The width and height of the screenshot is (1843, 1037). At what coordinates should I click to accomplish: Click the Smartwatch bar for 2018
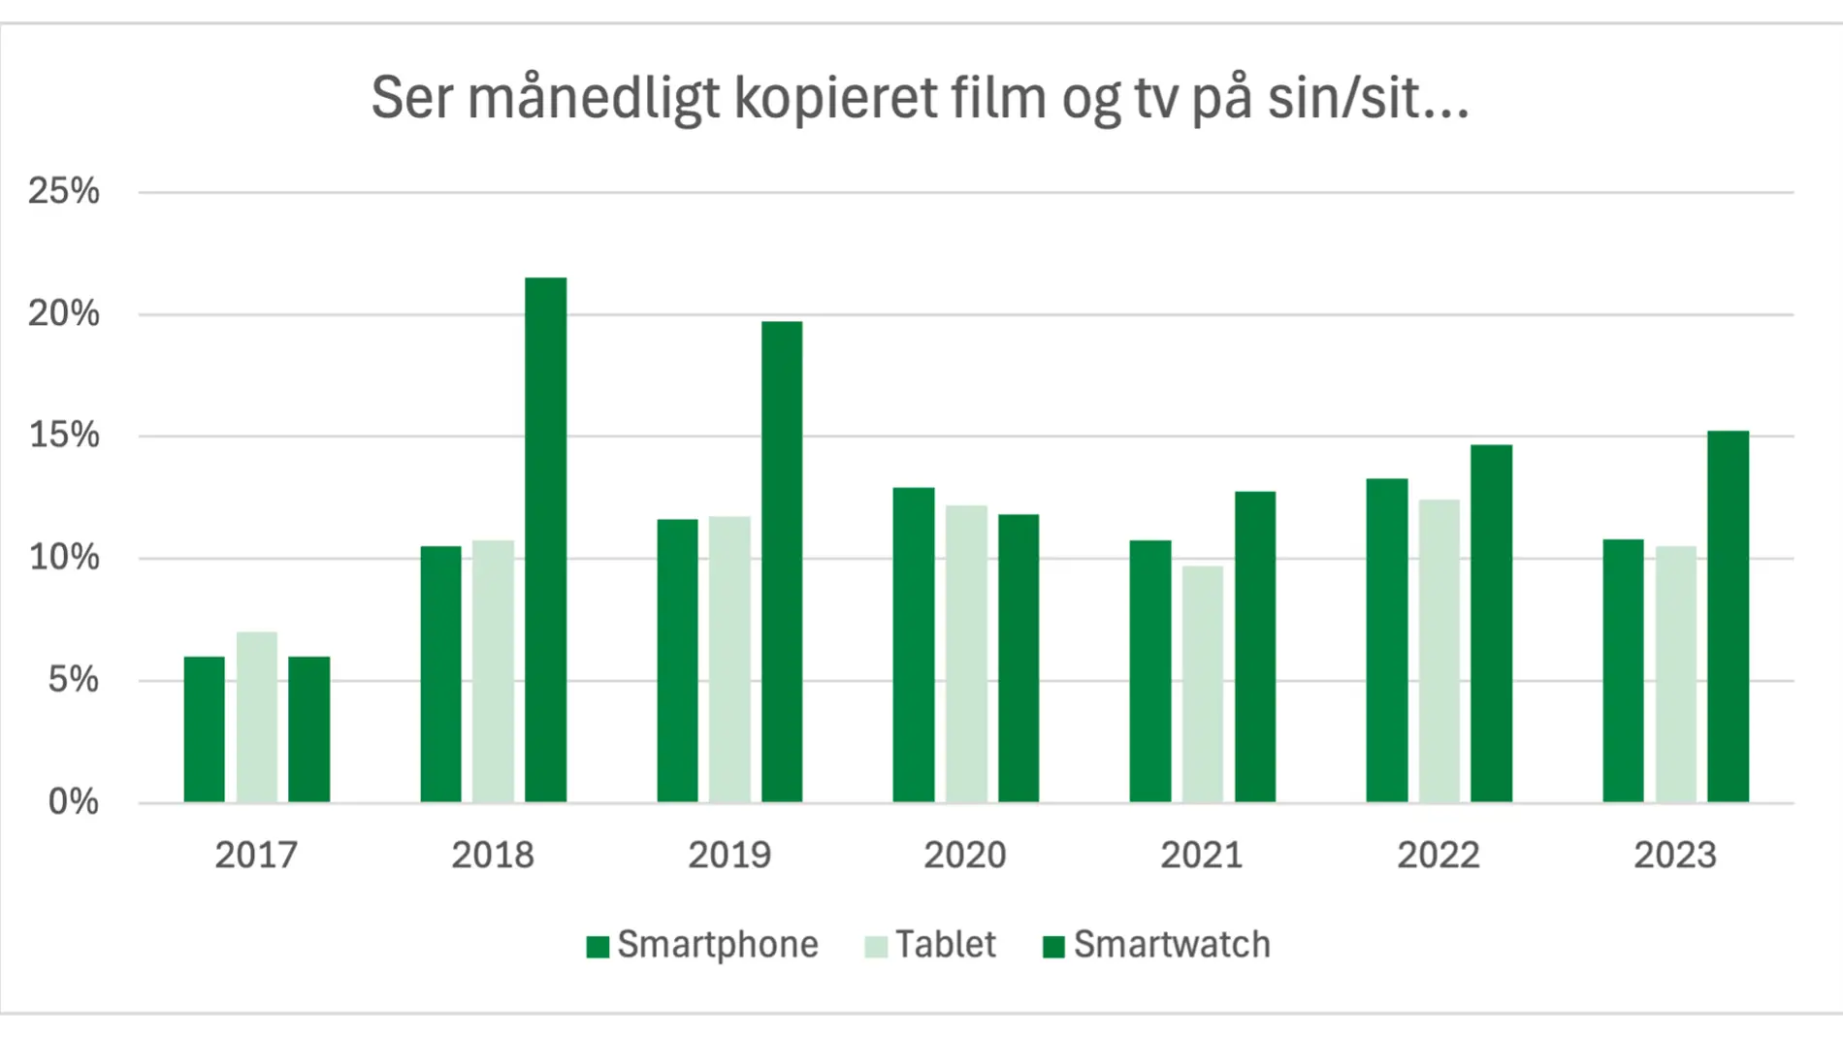545,539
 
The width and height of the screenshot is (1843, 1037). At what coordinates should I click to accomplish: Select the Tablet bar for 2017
257,717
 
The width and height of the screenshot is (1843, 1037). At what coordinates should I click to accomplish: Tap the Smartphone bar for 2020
914,644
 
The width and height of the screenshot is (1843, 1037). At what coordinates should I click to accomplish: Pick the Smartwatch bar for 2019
782,562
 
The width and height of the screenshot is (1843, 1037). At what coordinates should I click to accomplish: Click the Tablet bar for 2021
1203,684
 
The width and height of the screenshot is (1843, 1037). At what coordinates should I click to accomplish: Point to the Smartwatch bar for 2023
1728,616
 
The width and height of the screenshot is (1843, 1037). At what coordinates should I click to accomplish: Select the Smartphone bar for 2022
1387,640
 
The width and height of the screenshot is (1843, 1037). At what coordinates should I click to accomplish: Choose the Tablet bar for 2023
1675,674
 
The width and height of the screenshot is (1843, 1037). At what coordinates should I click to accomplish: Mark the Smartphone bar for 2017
205,729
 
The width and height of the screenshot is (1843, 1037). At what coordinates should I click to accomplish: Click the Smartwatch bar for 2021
1255,646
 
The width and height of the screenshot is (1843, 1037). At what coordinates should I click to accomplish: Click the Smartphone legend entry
703,945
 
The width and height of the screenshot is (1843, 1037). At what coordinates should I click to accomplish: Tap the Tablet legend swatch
876,946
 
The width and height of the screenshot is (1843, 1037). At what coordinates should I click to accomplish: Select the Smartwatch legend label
1172,945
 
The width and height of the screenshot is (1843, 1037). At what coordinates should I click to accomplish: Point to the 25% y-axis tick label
64,191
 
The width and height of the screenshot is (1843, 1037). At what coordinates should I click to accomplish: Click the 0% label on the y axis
74,802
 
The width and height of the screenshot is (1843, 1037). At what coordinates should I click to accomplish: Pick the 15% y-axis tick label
64,436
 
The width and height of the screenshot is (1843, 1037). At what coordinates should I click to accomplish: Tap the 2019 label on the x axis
729,856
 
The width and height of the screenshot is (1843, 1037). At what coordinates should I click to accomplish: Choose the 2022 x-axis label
1439,856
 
